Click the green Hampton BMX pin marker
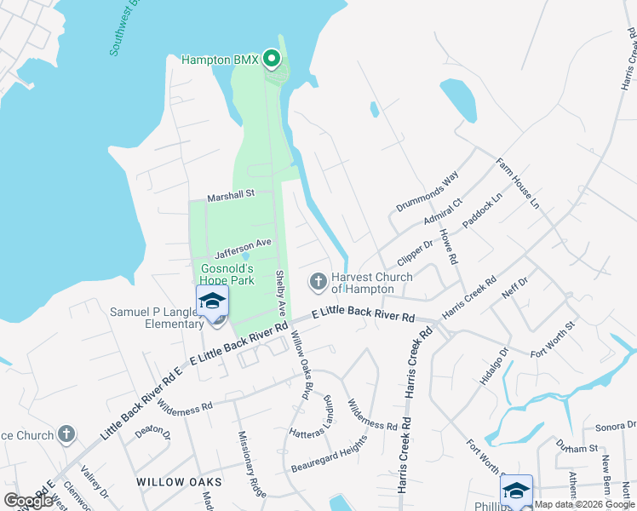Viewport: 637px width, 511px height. click(x=272, y=59)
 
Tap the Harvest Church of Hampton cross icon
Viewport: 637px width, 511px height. click(x=318, y=280)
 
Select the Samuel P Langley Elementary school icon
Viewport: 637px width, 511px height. click(x=212, y=301)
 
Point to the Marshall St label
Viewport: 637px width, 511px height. click(x=231, y=195)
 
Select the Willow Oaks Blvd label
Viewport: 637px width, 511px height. click(x=299, y=365)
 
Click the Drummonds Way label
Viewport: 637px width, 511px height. click(x=427, y=192)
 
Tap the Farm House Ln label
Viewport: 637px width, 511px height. click(x=518, y=181)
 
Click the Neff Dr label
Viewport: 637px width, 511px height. click(x=515, y=287)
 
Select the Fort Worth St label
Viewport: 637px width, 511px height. click(x=553, y=338)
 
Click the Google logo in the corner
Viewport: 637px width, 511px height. click(x=28, y=501)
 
